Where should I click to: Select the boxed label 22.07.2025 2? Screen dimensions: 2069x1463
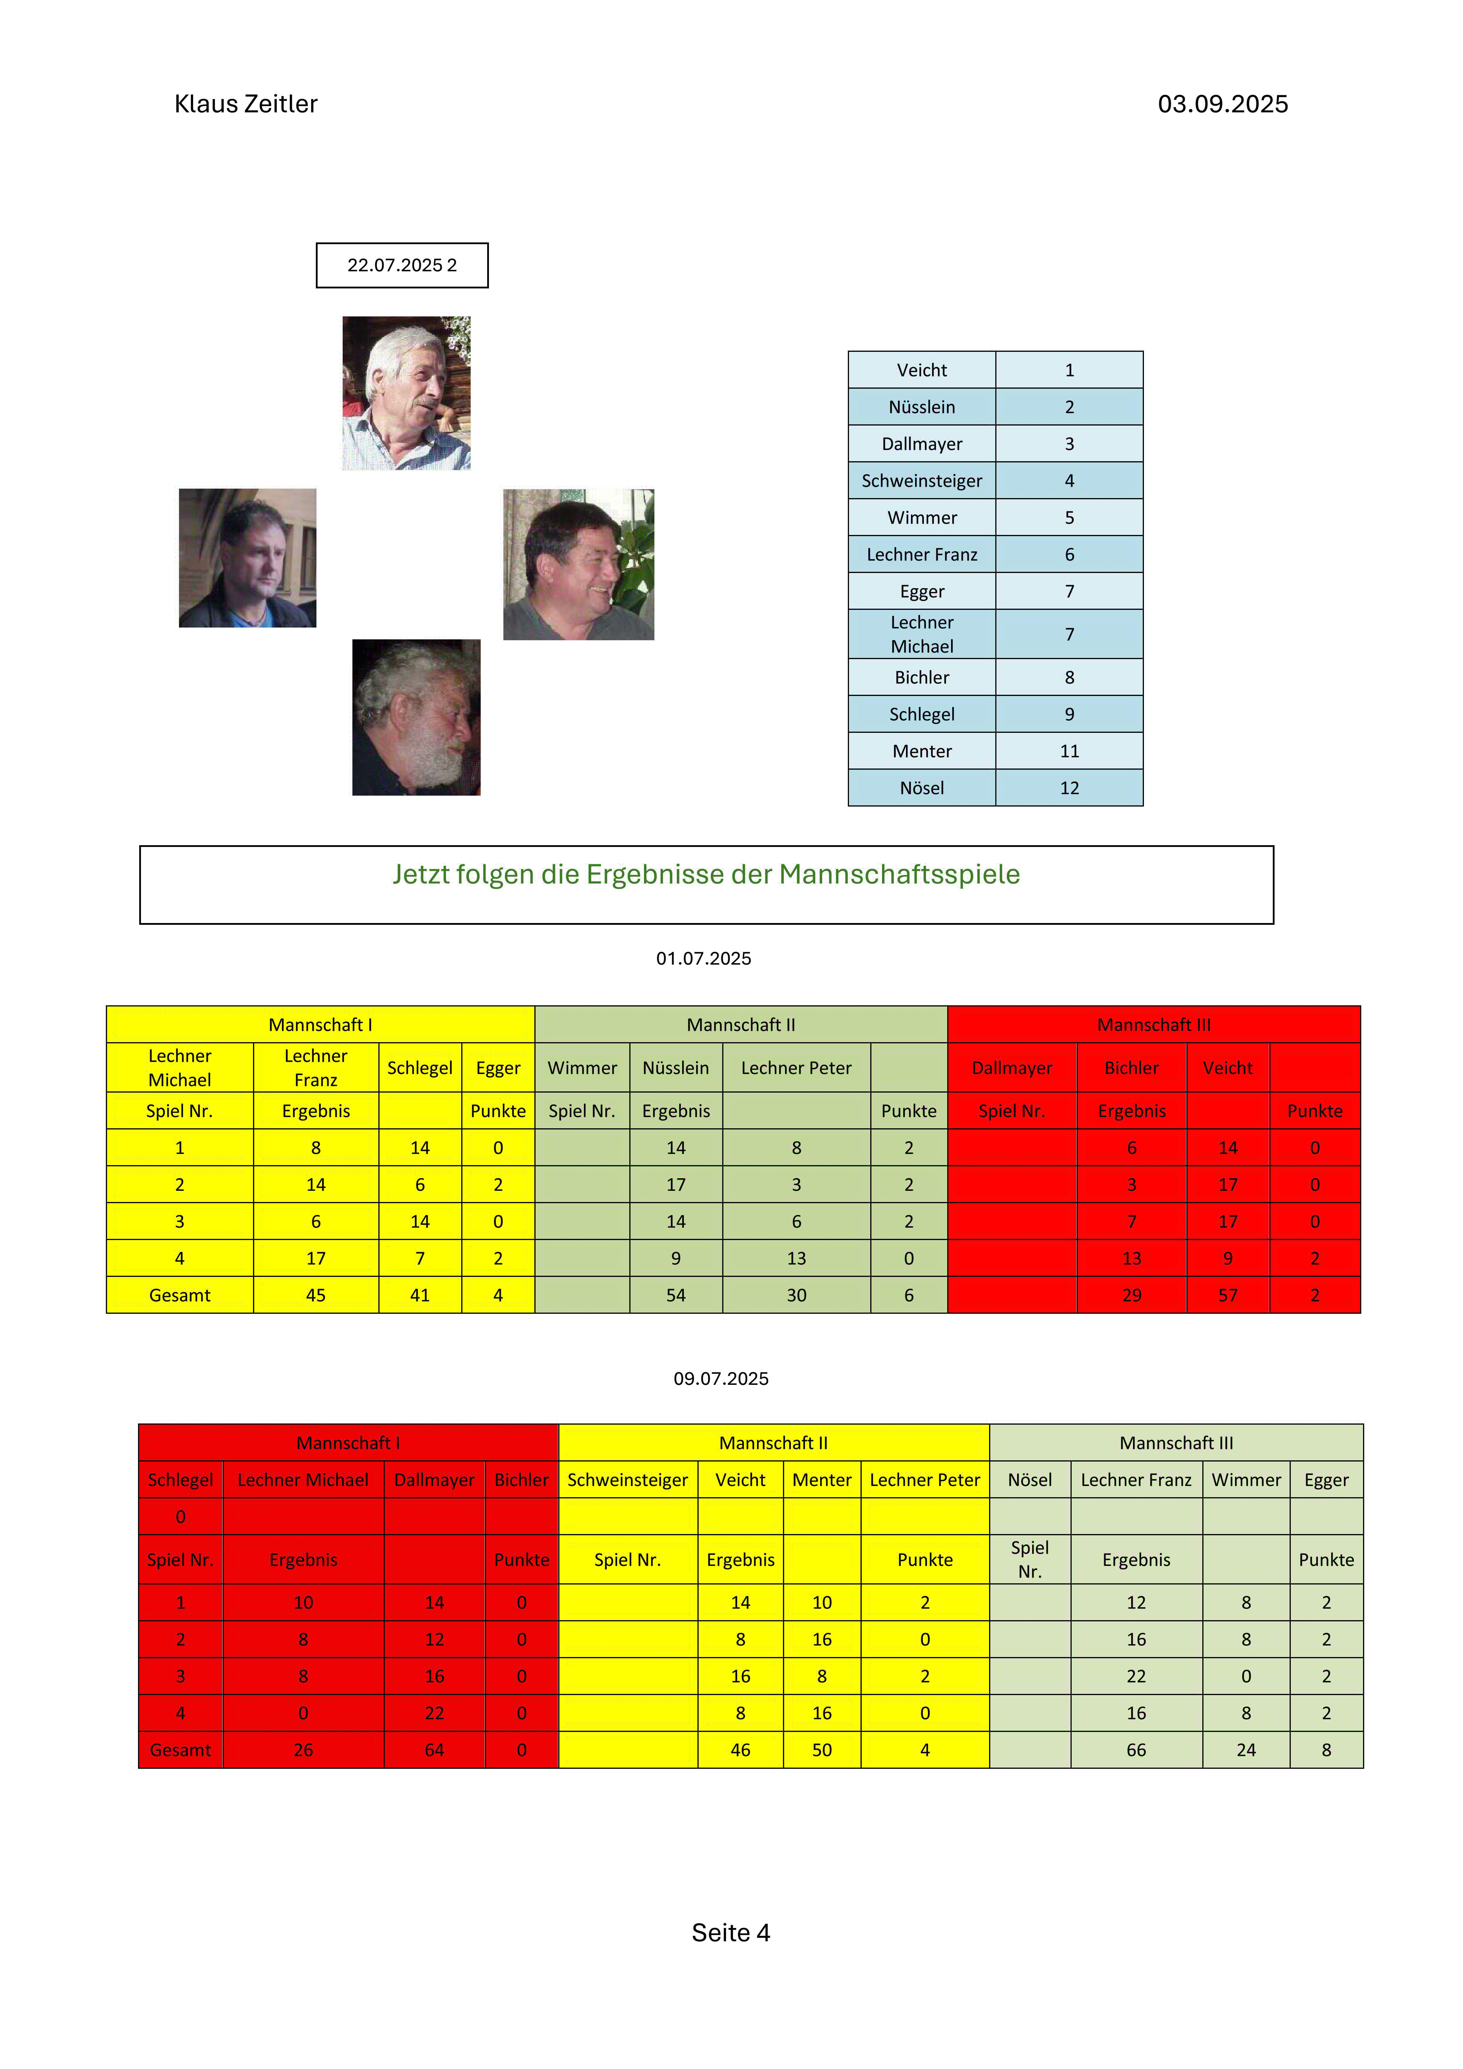(x=402, y=265)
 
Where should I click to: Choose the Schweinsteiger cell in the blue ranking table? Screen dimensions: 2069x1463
(x=921, y=480)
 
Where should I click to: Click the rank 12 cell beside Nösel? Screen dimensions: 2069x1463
(x=1069, y=788)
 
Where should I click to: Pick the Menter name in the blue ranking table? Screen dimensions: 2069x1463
(x=921, y=751)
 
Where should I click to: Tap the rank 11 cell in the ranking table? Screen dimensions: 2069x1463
(x=1069, y=751)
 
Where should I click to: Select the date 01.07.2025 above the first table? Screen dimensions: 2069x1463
(x=703, y=958)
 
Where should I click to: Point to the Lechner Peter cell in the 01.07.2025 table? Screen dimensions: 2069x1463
(x=796, y=1068)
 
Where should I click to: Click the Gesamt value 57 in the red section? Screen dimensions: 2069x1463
(x=1228, y=1295)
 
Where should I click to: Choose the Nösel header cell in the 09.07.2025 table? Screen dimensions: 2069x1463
(x=1029, y=1480)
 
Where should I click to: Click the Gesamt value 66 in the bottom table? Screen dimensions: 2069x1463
(x=1136, y=1750)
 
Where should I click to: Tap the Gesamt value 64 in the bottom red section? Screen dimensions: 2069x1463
(x=434, y=1750)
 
